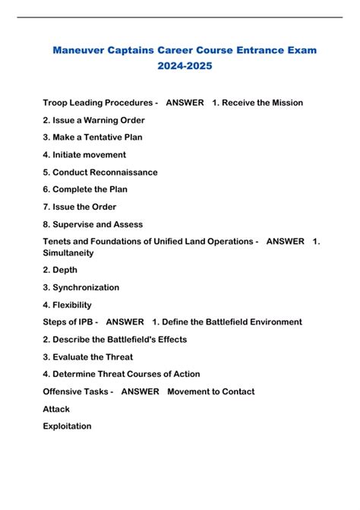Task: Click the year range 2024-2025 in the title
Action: pyautogui.click(x=180, y=66)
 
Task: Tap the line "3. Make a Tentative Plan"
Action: pyautogui.click(x=93, y=138)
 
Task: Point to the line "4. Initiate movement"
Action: pyautogui.click(x=84, y=155)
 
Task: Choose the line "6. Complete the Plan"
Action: pyautogui.click(x=85, y=189)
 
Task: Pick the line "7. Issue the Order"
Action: pyautogui.click(x=80, y=207)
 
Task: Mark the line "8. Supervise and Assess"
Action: pyautogui.click(x=93, y=224)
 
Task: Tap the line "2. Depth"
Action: pyautogui.click(x=60, y=270)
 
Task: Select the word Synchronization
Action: pyautogui.click(x=86, y=287)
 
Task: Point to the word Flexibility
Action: pyautogui.click(x=74, y=305)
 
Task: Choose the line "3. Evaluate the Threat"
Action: pyautogui.click(x=88, y=356)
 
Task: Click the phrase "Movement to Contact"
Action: pyautogui.click(x=210, y=391)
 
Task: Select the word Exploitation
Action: pyautogui.click(x=68, y=426)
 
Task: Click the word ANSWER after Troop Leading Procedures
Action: pyautogui.click(x=185, y=103)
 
